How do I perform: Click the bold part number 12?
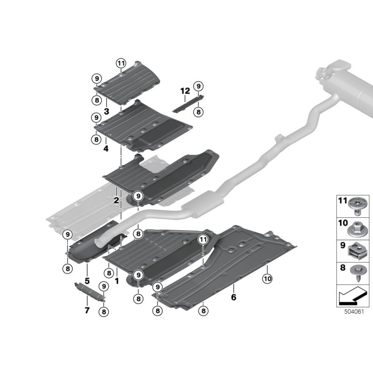pos(185,91)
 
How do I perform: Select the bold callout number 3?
pos(106,111)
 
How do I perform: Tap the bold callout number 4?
pos(106,149)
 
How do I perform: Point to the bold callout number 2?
pos(116,200)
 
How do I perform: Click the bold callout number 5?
pos(87,281)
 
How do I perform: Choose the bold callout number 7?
pos(87,310)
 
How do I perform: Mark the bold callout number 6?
pos(234,297)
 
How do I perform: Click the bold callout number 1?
pos(117,281)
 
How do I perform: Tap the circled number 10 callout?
pos(267,278)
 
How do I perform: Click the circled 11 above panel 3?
pos(121,63)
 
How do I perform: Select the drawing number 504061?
pos(354,311)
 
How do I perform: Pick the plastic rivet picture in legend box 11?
pos(355,206)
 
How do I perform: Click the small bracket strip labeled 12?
pos(189,104)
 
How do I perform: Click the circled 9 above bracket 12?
pos(199,86)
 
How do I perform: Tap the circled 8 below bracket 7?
pos(104,311)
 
